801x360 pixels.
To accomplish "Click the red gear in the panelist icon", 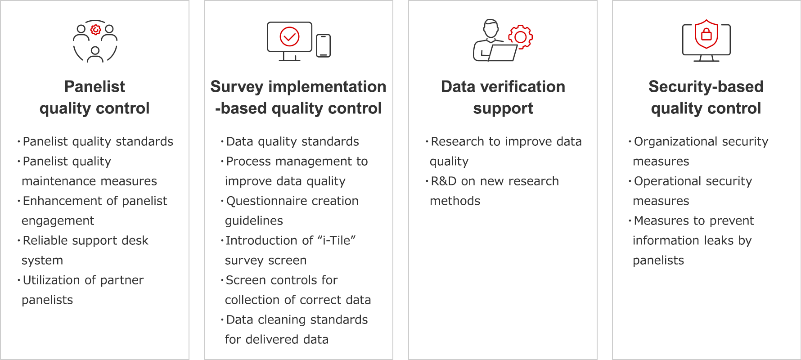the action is [95, 30].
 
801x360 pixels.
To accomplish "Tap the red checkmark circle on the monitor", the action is [289, 36].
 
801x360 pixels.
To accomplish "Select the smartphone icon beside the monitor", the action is [323, 46].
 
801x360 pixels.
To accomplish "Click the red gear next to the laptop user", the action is [521, 37].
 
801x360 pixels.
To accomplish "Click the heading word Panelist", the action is [94, 86].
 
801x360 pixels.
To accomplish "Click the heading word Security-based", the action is [706, 86].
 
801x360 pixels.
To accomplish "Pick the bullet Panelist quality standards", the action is [98, 141].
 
